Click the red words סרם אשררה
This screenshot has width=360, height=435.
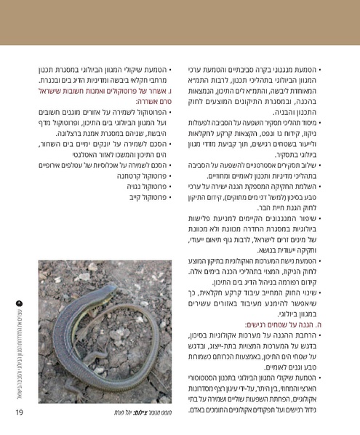click(156, 103)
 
